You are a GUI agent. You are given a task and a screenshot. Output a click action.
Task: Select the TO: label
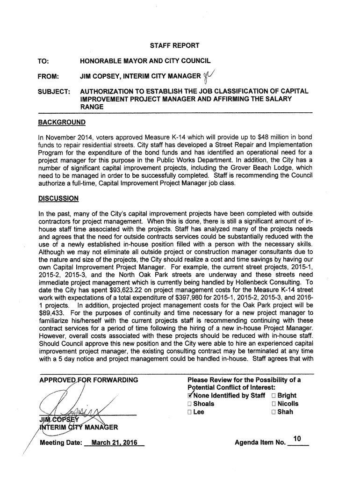[x=45, y=61]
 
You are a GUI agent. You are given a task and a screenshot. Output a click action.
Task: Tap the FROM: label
[x=49, y=76]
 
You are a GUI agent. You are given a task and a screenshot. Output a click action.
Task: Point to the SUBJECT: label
[x=53, y=91]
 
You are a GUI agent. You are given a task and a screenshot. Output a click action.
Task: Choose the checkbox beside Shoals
[x=189, y=404]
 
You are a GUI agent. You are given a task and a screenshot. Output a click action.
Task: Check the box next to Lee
[x=189, y=412]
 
